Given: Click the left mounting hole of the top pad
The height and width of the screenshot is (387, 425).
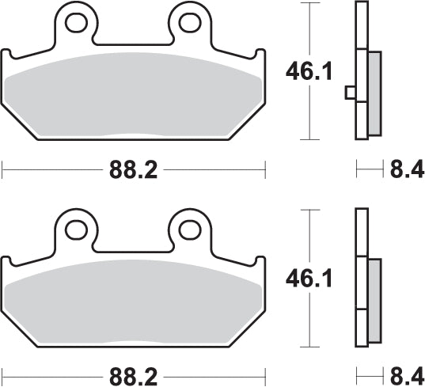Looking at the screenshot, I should point(77,23).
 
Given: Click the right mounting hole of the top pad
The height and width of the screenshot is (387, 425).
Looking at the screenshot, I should point(189,23).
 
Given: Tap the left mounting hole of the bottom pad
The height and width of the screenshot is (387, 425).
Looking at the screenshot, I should point(77,230).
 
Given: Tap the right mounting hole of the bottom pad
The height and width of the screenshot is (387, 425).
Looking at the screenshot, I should point(189,230).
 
